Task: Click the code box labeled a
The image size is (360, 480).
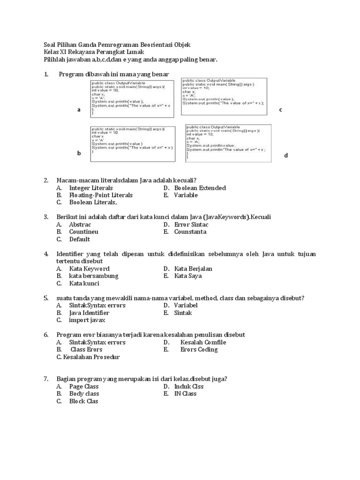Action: pos(133,98)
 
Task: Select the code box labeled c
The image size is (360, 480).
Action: pos(224,97)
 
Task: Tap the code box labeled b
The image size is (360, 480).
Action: pos(133,144)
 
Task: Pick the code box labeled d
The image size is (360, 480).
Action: pos(228,143)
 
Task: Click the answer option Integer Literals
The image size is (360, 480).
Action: pos(91,188)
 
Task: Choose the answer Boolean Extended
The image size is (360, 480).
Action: pos(200,188)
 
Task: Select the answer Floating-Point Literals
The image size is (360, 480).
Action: pos(101,195)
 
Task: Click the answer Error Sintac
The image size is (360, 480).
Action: pos(191,225)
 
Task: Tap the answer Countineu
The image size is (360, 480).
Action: pos(83,232)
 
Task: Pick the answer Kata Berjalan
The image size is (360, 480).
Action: pos(193,269)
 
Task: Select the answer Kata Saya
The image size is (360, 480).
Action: pos(188,276)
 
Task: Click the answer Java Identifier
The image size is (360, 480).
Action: pos(89,313)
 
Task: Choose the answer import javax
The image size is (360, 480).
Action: pos(87,320)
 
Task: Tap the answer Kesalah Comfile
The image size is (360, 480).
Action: pos(203,342)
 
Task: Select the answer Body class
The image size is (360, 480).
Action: pos(84,394)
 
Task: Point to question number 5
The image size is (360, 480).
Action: pos(46,298)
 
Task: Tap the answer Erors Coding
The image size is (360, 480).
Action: pos(199,349)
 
